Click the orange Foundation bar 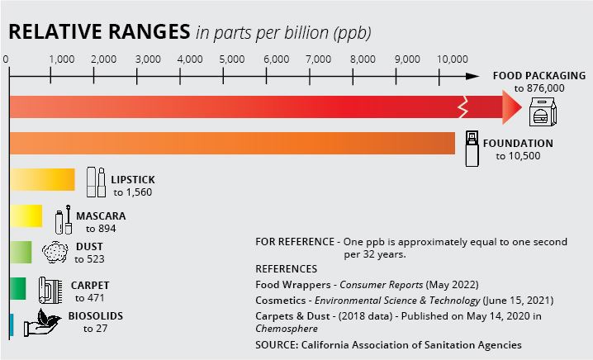pos(231,143)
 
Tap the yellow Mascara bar pos(26,217)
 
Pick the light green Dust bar pos(21,252)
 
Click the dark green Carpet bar pos(17,288)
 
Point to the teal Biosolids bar pos(12,324)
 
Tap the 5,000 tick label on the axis pos(234,59)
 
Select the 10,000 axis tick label pos(452,59)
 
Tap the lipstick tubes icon pos(96,182)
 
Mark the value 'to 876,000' pos(539,88)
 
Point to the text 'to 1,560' pos(132,192)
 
